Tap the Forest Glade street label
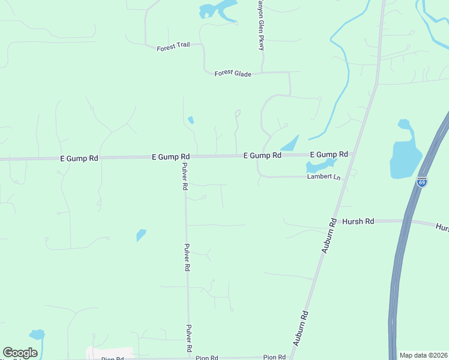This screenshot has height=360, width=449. click(233, 73)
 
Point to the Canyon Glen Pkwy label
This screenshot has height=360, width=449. click(261, 27)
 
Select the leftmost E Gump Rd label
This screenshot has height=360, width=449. click(79, 158)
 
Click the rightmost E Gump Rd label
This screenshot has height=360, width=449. click(328, 154)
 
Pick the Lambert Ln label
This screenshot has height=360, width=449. click(324, 178)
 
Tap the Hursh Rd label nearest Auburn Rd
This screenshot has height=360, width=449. click(358, 221)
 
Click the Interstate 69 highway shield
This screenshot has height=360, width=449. click(422, 181)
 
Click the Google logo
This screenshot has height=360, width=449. click(20, 353)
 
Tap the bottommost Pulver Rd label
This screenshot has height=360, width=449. click(188, 338)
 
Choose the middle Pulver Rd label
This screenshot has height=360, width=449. click(187, 258)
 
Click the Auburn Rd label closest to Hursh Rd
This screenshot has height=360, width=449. click(328, 235)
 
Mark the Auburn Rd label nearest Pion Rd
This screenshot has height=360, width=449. click(301, 327)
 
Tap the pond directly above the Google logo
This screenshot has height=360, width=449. click(37, 334)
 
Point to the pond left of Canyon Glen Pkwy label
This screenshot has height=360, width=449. click(217, 11)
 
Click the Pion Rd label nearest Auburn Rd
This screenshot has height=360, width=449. click(274, 358)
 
